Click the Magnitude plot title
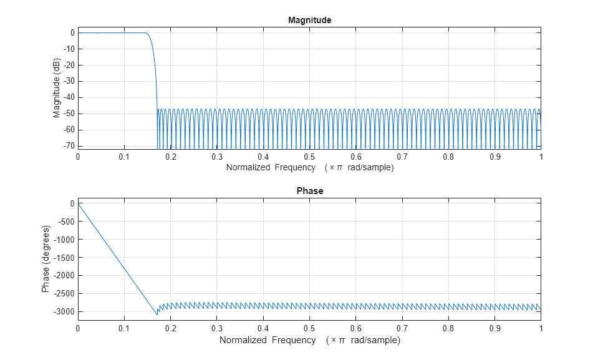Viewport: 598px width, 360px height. (x=309, y=20)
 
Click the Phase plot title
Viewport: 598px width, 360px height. (x=309, y=191)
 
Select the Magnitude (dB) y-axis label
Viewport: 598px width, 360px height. (x=57, y=88)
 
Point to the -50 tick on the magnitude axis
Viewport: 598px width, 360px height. (x=67, y=114)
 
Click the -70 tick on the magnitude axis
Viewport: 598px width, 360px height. (x=67, y=146)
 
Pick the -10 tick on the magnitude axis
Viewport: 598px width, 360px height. (x=67, y=49)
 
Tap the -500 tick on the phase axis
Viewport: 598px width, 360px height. (x=65, y=221)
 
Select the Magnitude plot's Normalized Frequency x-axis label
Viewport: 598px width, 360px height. (x=309, y=168)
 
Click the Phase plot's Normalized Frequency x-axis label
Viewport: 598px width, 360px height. (x=309, y=340)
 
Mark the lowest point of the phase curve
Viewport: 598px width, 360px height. (x=157, y=314)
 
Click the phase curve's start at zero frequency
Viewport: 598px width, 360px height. (x=78, y=203)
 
